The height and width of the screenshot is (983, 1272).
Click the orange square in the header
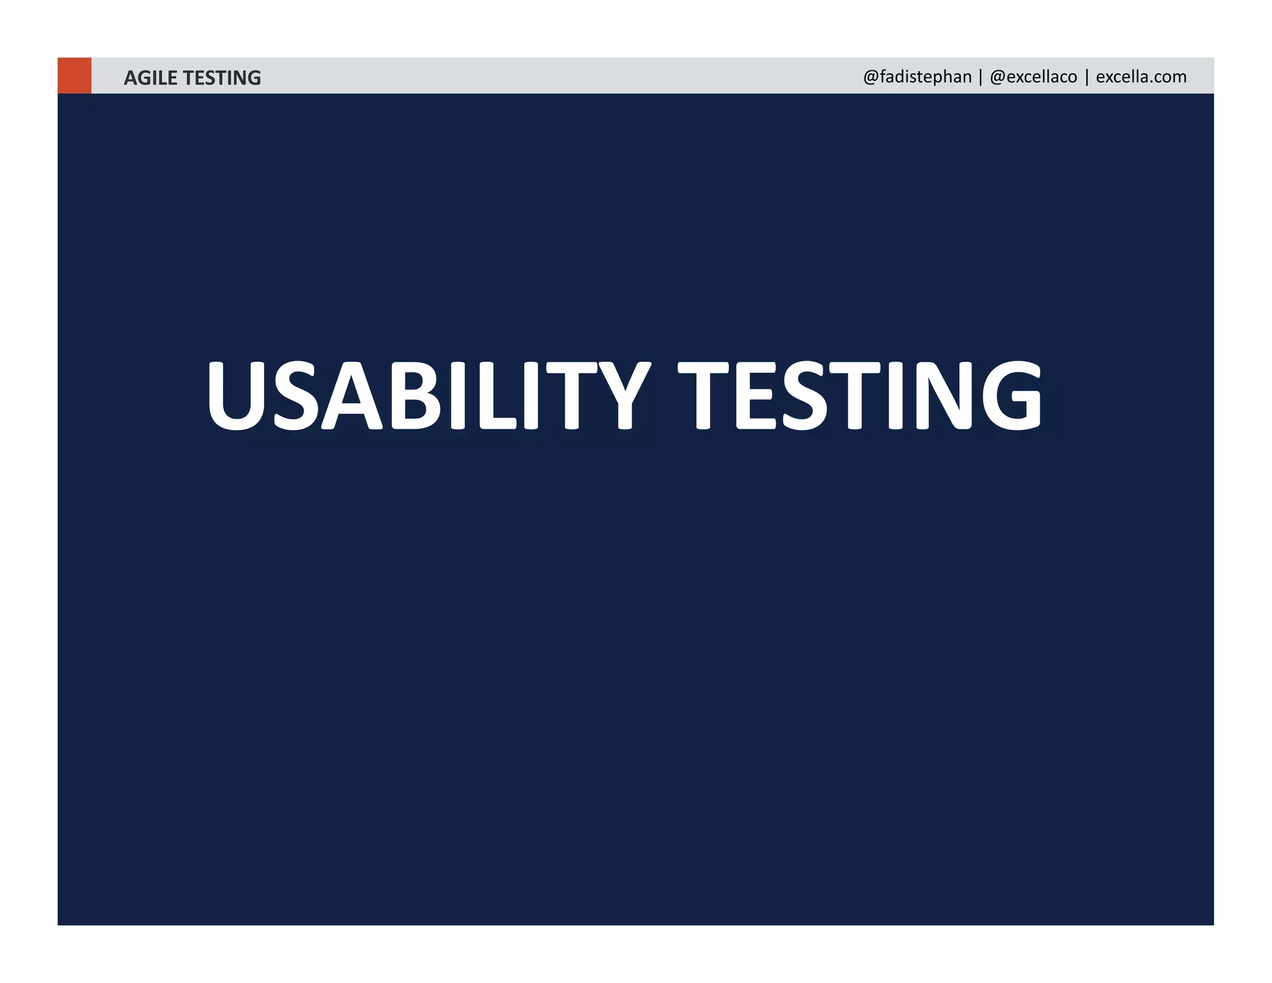75,76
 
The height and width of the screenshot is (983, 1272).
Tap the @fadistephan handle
917,77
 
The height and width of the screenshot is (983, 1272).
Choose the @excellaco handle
1033,77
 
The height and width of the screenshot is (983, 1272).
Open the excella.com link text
1141,77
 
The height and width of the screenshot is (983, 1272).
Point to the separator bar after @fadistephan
981,77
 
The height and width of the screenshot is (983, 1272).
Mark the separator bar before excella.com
1087,77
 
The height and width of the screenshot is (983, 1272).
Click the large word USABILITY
429,395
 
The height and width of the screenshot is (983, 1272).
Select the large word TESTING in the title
860,395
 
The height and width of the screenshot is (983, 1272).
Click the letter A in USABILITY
352,395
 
